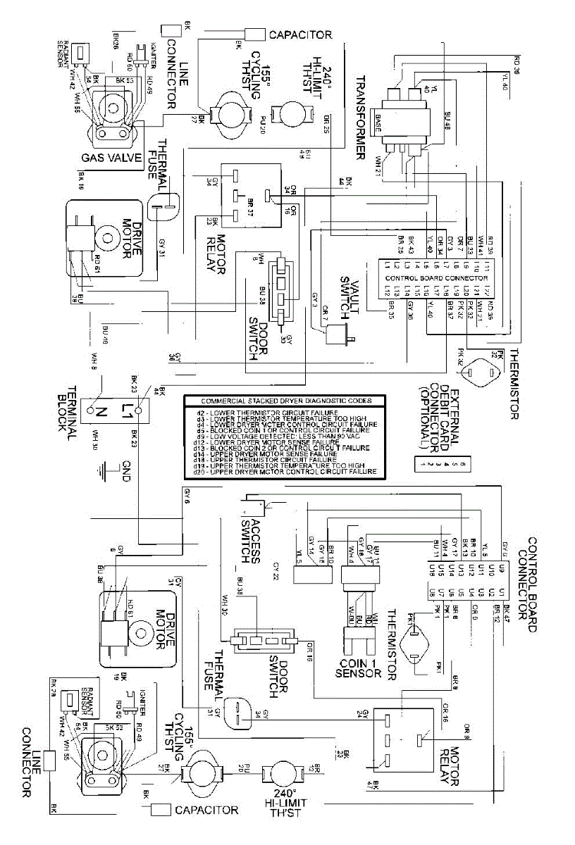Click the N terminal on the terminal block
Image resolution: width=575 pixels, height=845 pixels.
(x=92, y=407)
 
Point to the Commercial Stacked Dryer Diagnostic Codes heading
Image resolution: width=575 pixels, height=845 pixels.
(x=283, y=401)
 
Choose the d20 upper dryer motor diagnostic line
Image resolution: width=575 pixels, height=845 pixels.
(x=282, y=471)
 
